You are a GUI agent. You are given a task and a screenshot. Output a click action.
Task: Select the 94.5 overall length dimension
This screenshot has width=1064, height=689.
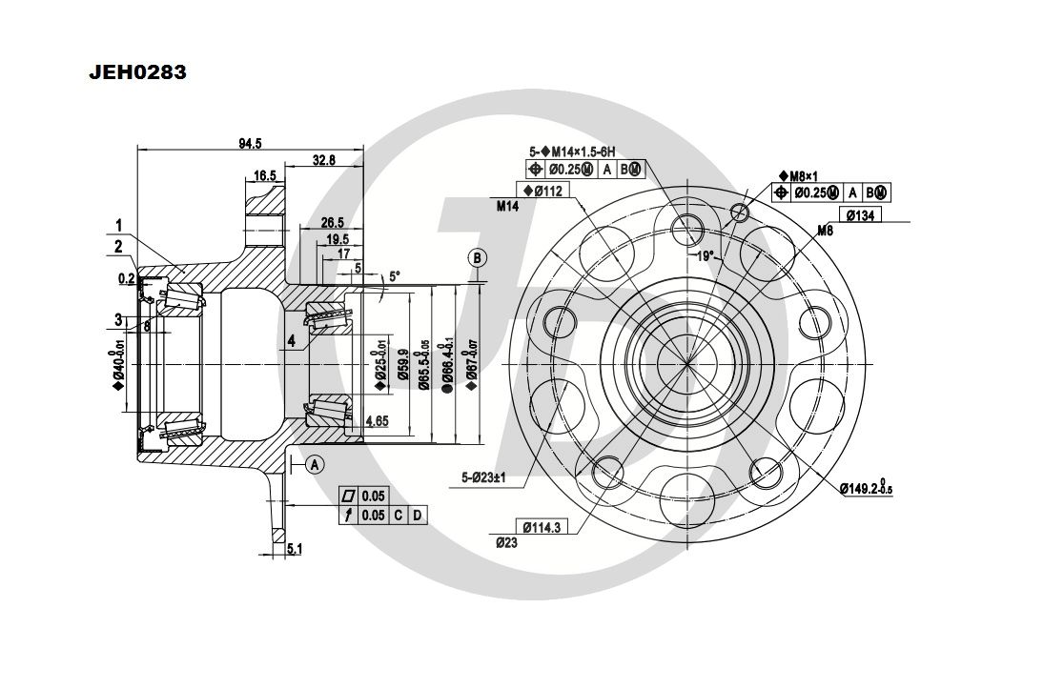click(x=250, y=143)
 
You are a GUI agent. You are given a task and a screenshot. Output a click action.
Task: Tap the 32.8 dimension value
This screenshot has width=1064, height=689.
click(x=324, y=160)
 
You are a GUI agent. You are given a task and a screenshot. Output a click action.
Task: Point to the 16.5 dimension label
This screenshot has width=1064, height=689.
click(x=265, y=175)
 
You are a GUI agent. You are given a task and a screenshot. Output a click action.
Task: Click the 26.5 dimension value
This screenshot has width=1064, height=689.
click(x=333, y=223)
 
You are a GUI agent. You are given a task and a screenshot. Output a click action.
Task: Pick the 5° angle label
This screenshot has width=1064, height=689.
click(x=395, y=275)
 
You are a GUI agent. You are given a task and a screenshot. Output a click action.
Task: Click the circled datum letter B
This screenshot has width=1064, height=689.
click(x=477, y=258)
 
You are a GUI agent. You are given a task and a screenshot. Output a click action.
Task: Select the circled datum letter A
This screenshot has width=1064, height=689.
click(x=316, y=464)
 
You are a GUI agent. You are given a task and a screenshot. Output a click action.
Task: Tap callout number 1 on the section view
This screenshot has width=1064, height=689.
click(x=119, y=226)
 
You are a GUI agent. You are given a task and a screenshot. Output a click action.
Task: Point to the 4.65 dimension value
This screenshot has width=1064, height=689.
click(x=377, y=418)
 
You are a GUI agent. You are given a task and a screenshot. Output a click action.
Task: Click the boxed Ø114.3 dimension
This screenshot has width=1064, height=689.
click(x=542, y=526)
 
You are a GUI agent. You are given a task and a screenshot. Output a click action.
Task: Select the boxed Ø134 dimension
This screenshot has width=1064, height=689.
click(x=860, y=215)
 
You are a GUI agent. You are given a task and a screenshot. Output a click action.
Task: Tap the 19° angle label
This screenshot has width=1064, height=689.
click(x=703, y=255)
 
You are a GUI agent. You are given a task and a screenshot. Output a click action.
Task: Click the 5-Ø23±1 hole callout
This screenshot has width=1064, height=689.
click(x=487, y=479)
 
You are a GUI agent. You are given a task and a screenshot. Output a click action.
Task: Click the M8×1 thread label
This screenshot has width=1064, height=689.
click(x=799, y=175)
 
